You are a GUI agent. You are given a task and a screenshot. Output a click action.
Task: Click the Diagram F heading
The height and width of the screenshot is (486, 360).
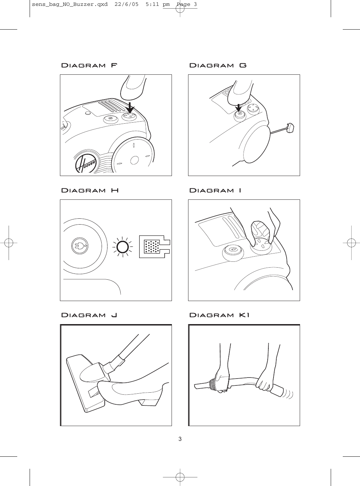pos(89,65)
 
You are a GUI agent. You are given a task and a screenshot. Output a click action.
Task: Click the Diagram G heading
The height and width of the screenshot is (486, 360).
pos(218,65)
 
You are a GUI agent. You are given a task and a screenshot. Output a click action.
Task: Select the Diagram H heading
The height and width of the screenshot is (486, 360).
pos(90,190)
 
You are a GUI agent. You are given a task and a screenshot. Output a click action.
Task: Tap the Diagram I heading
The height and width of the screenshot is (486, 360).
pos(215,190)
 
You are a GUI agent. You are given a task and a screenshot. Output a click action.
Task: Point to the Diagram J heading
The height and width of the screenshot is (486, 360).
pos(89,315)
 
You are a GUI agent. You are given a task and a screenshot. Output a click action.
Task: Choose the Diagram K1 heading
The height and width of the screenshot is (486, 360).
pos(219,315)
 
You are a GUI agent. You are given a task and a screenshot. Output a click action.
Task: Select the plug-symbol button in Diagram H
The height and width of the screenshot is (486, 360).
pos(80,246)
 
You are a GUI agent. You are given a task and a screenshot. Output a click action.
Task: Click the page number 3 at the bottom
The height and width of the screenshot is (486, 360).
pos(180,439)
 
